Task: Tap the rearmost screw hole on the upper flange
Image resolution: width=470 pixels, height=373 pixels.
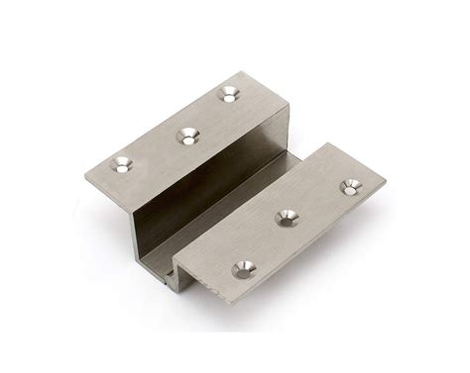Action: pyautogui.click(x=230, y=95)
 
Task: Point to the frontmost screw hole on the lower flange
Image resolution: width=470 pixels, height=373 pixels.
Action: pyautogui.click(x=241, y=267)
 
